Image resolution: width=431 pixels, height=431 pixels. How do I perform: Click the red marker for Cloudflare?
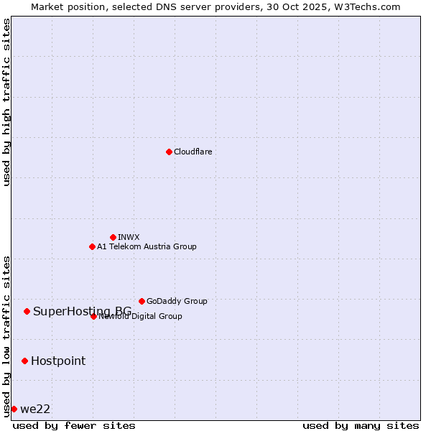click(x=169, y=152)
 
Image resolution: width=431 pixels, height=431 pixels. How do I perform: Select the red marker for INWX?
click(x=113, y=237)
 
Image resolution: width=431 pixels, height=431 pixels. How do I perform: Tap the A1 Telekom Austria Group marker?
click(x=92, y=246)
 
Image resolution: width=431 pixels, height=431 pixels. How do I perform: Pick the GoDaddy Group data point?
click(x=142, y=301)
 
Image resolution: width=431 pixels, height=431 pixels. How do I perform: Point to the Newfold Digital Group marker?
click(x=93, y=316)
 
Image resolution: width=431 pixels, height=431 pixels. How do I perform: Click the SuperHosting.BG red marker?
click(x=27, y=311)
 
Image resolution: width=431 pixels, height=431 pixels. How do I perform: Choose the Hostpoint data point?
click(x=24, y=361)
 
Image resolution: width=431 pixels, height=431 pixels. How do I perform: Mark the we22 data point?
click(x=14, y=409)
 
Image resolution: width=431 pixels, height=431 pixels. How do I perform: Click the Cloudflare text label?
click(x=193, y=152)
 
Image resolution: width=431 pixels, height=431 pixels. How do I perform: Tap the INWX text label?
click(x=129, y=237)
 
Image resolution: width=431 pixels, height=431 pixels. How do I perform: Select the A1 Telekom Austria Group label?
click(x=147, y=246)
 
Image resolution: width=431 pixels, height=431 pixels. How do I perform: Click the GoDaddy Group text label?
click(x=177, y=301)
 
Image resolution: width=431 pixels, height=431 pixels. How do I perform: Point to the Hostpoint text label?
click(x=58, y=361)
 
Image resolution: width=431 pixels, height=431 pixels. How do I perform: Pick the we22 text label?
click(x=35, y=409)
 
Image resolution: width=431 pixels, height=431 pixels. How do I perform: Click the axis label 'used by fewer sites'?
click(x=74, y=425)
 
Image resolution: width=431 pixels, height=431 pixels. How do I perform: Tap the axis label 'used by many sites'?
click(x=361, y=425)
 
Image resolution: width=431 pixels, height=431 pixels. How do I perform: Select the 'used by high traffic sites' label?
click(x=7, y=102)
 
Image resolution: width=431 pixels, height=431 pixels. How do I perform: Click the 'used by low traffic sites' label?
click(x=7, y=335)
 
